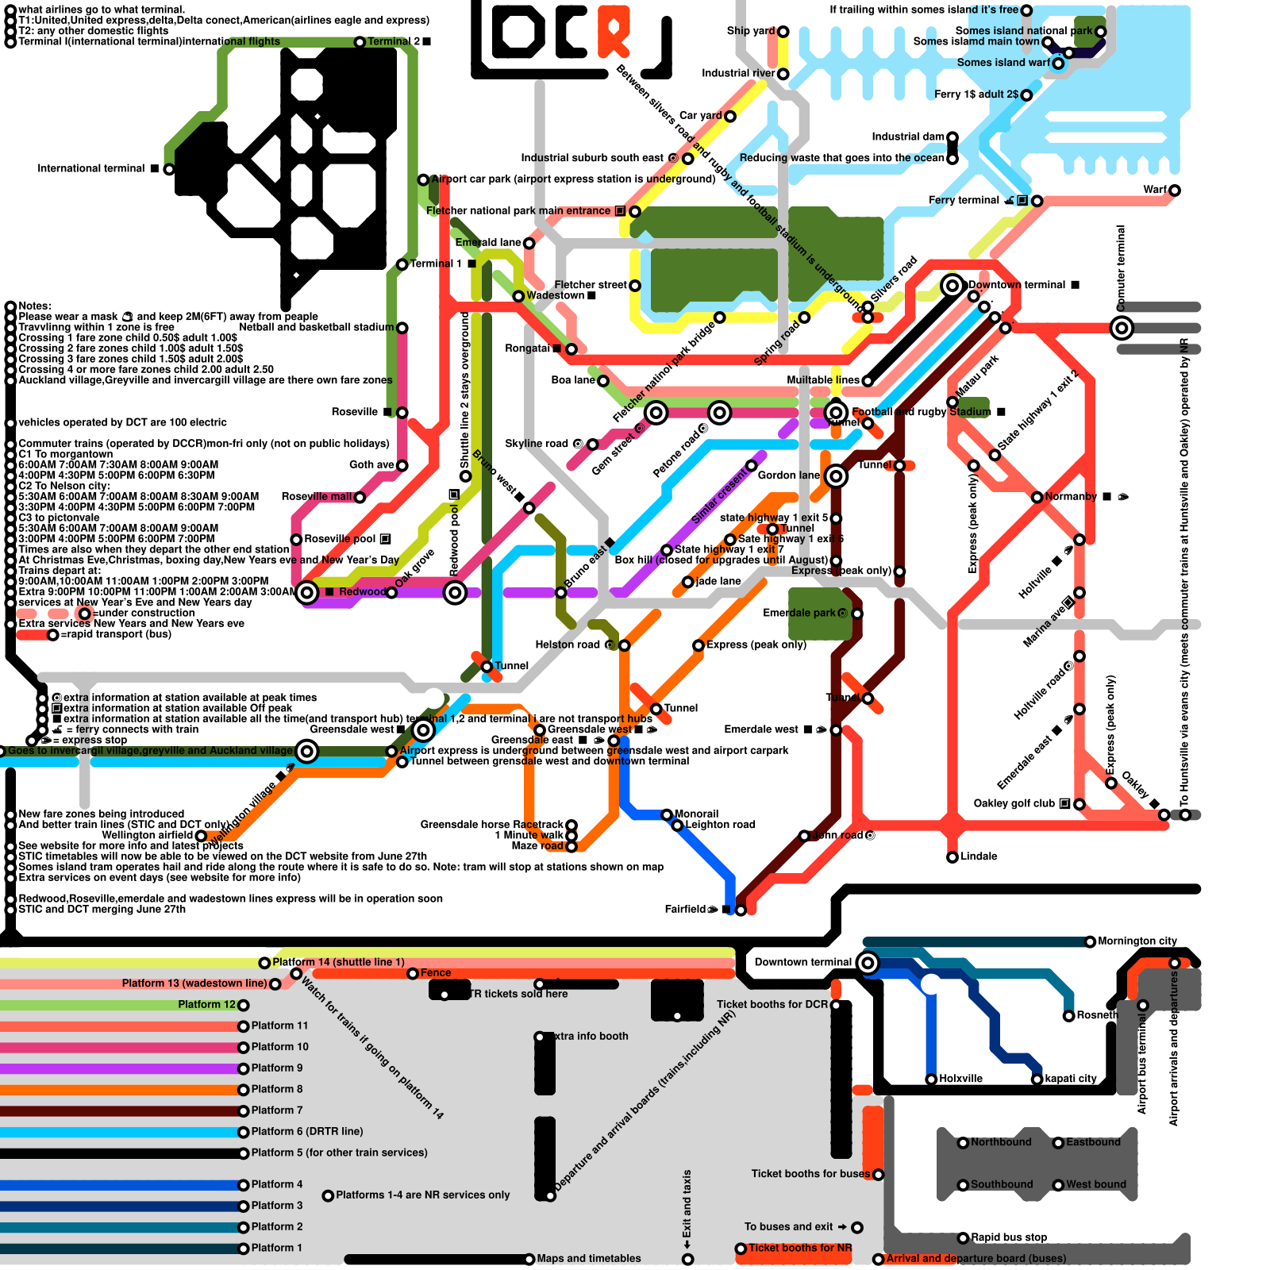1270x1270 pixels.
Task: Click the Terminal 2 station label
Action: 394,41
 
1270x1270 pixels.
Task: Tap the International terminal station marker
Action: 168,169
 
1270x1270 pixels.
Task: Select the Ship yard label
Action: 750,31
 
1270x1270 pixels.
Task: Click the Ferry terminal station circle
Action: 1037,201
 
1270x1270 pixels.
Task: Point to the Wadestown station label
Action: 556,296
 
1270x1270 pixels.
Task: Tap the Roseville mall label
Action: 316,497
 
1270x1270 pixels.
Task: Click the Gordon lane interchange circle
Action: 835,476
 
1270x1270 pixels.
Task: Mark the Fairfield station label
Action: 684,910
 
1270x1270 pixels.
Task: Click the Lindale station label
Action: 979,856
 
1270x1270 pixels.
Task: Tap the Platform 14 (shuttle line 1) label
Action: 338,962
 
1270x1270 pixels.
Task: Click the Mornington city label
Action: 1137,941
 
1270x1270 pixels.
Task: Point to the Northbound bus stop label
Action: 1001,1142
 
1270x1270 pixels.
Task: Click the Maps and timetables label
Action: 588,1259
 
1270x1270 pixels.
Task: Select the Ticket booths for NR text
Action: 799,1248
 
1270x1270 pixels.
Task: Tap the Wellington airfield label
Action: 147,835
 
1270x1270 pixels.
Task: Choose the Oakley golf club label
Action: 1014,803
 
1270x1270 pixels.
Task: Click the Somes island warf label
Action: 1003,63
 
